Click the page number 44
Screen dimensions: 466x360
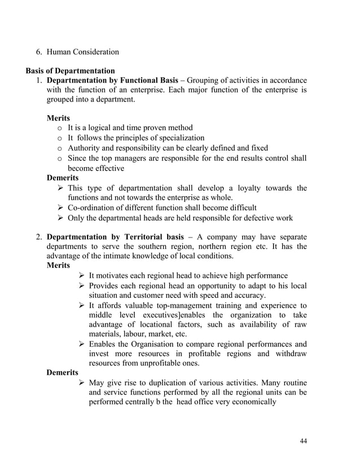coord(303,441)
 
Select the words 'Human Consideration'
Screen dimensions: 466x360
coord(82,52)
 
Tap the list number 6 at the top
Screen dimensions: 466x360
coord(39,52)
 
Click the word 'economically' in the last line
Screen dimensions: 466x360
coord(253,402)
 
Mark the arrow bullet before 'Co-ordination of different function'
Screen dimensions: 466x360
coord(61,208)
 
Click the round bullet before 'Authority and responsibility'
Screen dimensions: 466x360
coord(60,148)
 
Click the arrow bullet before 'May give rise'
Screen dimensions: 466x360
coord(82,383)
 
